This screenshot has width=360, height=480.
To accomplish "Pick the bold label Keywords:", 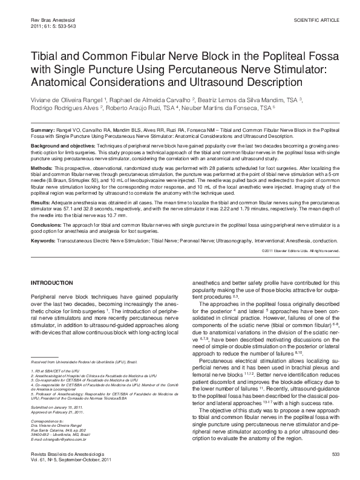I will coord(44,239).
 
